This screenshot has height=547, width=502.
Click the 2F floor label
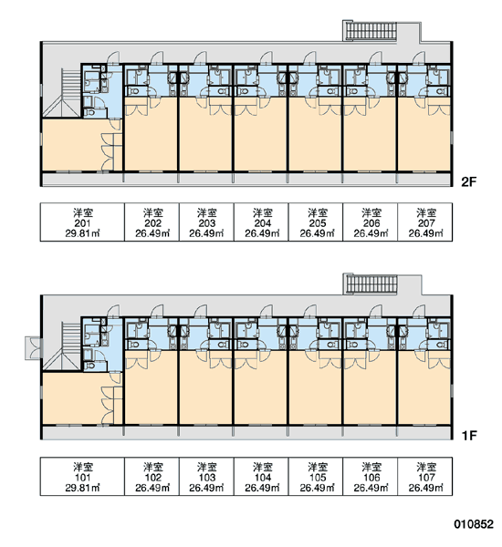click(x=468, y=181)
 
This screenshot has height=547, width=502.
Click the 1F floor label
click(x=469, y=436)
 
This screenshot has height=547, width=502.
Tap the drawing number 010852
click(x=474, y=523)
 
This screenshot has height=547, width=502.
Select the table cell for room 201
click(x=82, y=222)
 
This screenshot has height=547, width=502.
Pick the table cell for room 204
click(x=262, y=222)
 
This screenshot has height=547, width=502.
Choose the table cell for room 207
click(x=425, y=222)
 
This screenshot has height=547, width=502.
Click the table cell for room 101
click(x=82, y=476)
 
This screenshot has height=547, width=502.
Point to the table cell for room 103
click(x=206, y=476)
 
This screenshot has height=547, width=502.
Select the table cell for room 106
click(x=371, y=476)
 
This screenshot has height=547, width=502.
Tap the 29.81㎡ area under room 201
click(x=82, y=233)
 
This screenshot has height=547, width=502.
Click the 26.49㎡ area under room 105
click(x=317, y=488)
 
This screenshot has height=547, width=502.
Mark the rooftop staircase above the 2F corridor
click(x=371, y=31)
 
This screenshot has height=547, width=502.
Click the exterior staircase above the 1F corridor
click(x=371, y=284)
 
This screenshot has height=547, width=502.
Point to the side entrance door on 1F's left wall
click(x=34, y=348)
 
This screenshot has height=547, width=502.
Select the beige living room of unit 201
click(x=71, y=145)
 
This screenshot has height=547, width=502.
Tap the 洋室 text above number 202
click(x=152, y=212)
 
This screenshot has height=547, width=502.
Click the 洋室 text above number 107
click(x=426, y=467)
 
